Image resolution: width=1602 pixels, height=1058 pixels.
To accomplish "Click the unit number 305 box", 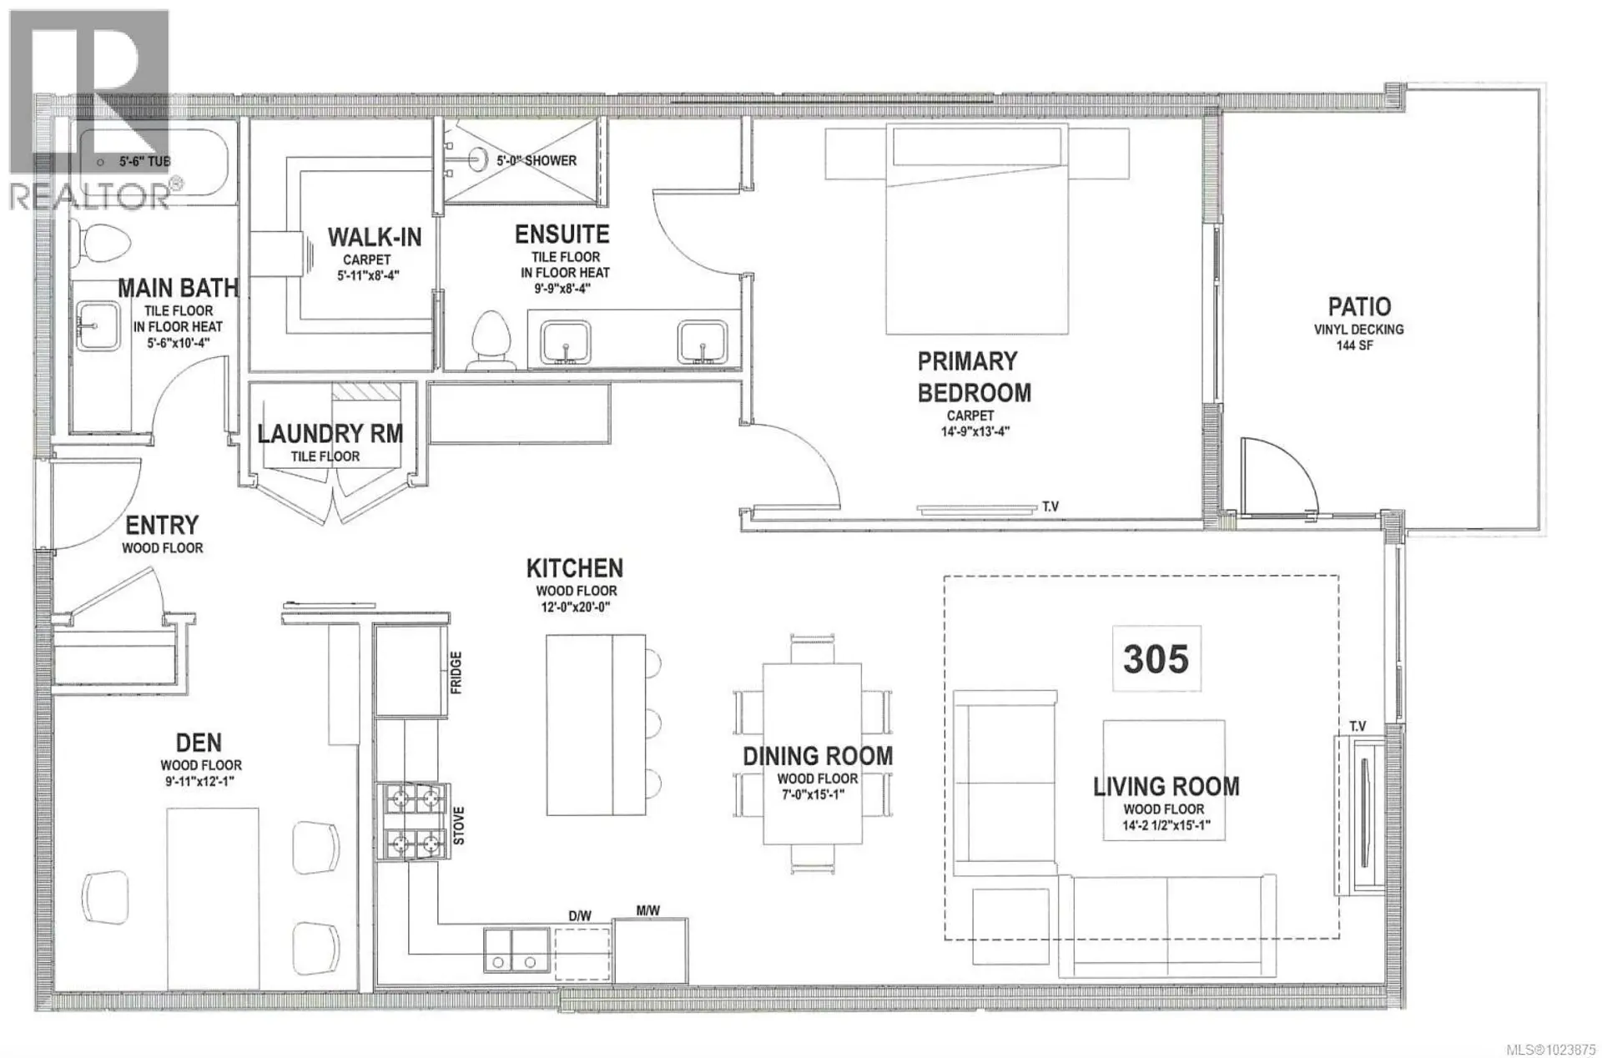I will coord(1156,659).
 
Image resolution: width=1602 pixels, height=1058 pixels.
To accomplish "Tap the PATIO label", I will coord(1359,306).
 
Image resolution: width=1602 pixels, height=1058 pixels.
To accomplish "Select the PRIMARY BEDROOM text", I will coord(974,377).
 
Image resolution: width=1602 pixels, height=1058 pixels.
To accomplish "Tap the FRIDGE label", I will coord(456,673).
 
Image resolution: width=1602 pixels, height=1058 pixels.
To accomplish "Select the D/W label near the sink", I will coord(580,916).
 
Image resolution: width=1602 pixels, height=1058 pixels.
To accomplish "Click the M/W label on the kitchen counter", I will coord(648,911).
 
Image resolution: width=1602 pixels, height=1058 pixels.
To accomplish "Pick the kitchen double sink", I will coord(516,951).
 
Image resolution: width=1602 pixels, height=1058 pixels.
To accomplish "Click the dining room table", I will coord(812,753).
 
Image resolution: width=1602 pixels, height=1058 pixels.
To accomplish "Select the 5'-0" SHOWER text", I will coord(537,160).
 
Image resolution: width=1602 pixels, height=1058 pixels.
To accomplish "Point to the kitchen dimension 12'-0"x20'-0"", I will coord(576,607).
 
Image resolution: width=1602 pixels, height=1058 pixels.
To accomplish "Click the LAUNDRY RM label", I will coord(330,434).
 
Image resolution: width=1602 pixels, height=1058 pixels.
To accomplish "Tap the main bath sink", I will coord(98,325).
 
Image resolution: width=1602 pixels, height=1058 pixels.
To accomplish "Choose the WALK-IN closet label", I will coord(375,237).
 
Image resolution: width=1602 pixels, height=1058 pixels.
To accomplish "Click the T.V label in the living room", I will coord(1358,727).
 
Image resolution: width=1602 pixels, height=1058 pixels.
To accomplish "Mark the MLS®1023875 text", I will coord(1553,1049).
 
